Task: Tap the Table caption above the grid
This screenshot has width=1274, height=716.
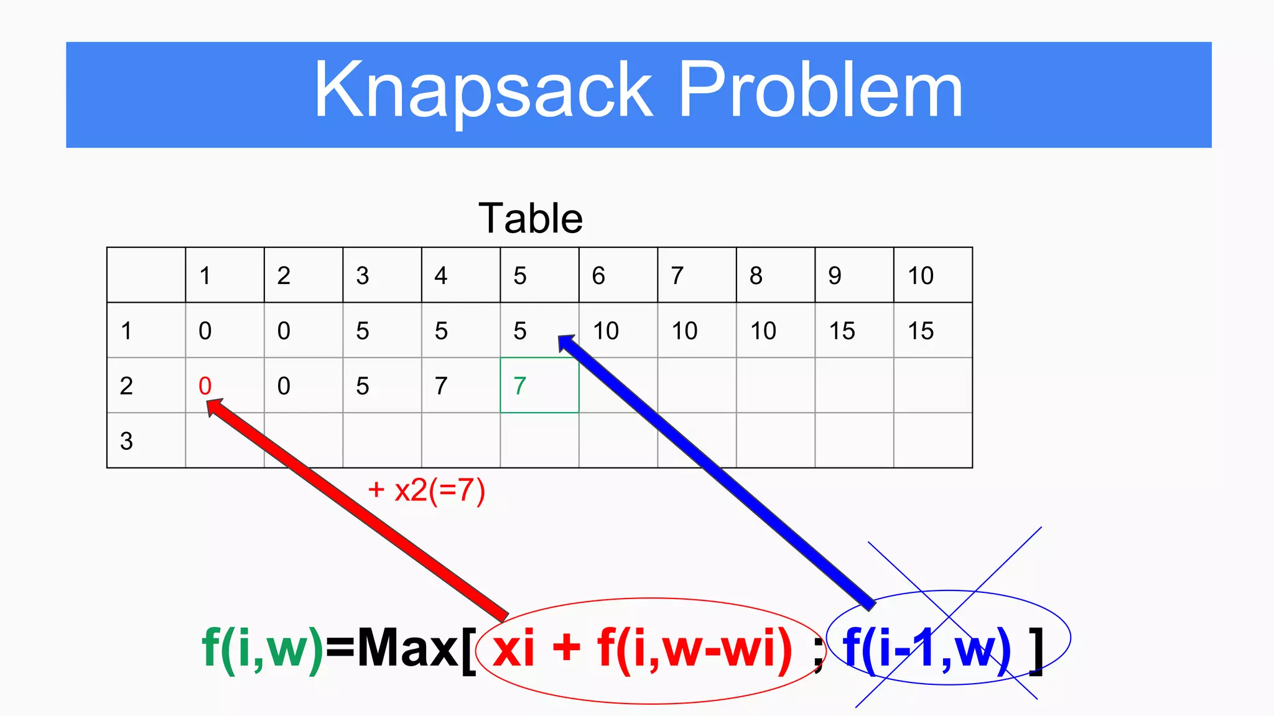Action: pos(531,219)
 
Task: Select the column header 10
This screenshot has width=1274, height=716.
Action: pos(921,275)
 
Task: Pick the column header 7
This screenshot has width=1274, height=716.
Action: pos(677,275)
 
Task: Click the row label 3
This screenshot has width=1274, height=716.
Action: pos(126,441)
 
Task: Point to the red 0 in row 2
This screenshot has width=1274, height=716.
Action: pos(205,386)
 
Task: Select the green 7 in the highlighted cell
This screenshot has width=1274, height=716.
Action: pos(520,386)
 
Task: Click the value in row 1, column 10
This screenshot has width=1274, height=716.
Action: pos(921,331)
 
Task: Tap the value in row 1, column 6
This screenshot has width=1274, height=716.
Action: pos(606,331)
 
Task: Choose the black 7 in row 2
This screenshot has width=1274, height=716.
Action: pos(441,386)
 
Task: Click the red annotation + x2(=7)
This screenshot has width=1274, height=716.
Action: pos(426,490)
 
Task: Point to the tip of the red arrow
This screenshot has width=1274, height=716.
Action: pos(209,402)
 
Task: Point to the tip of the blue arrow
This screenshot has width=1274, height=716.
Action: pos(560,337)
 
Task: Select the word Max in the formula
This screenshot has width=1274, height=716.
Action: pos(407,649)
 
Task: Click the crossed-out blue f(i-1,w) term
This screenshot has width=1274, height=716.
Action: pos(926,649)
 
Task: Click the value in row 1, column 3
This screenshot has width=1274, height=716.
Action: pos(363,331)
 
